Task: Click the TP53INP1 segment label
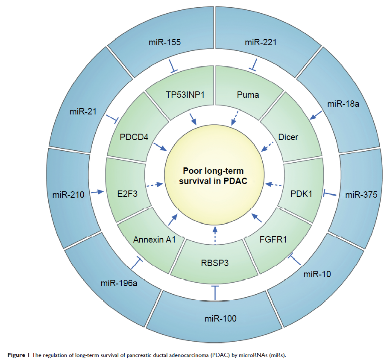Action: [x=185, y=95]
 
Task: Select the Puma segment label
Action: [x=248, y=95]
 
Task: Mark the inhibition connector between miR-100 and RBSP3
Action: [x=215, y=293]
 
